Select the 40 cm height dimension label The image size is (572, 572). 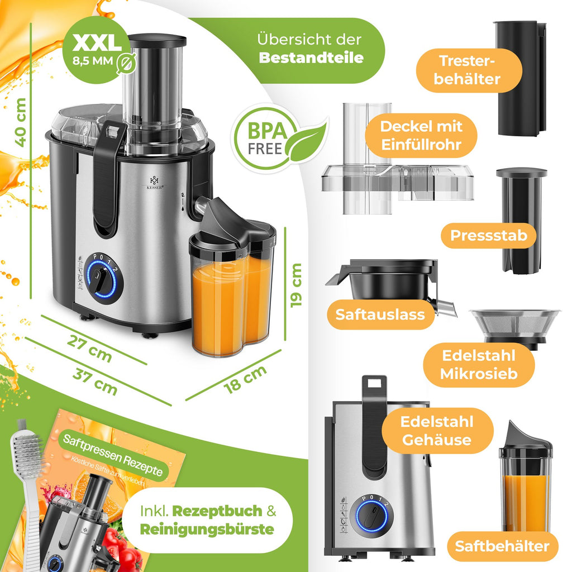[x=21, y=122]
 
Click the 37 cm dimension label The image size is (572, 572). [x=94, y=382]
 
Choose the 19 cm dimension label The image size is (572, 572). [x=296, y=284]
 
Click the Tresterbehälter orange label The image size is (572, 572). [x=469, y=70]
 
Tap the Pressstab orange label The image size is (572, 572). [x=489, y=235]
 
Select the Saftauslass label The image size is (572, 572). [x=380, y=314]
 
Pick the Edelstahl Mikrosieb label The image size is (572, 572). [x=478, y=364]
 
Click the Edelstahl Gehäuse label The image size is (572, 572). [x=437, y=431]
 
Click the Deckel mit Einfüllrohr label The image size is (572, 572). [x=421, y=136]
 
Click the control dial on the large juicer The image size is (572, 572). [x=101, y=278]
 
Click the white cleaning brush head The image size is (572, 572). [x=26, y=452]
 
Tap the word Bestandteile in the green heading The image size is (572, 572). [x=311, y=57]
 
